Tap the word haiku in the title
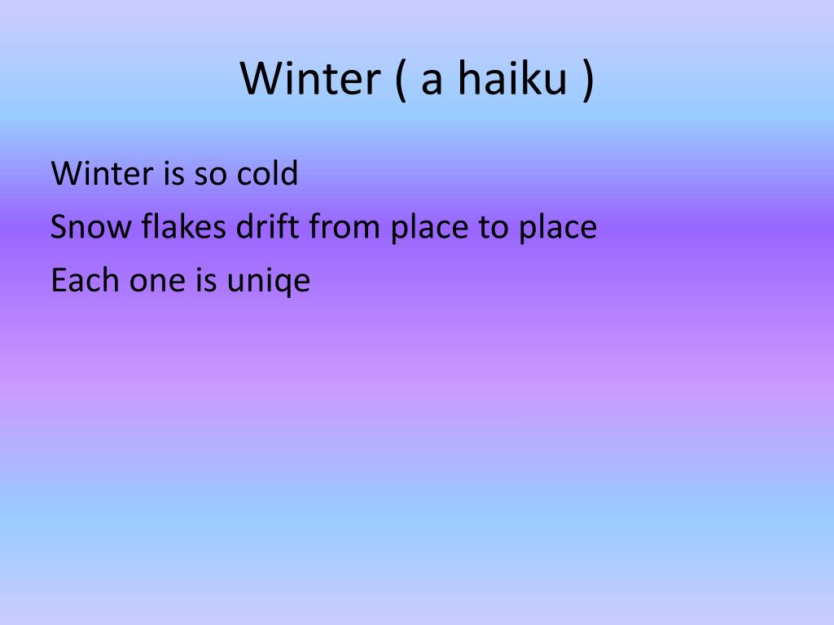pyautogui.click(x=511, y=79)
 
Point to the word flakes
pyautogui.click(x=183, y=227)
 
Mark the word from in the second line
pyautogui.click(x=345, y=227)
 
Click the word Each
pyautogui.click(x=84, y=281)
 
